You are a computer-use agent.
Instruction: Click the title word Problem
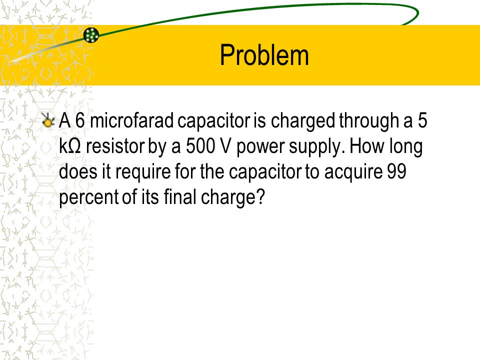point(264,55)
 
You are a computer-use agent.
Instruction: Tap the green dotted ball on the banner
point(91,35)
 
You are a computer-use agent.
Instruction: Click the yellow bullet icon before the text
point(48,120)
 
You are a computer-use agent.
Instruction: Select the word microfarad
point(132,120)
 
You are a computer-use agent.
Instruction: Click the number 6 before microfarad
point(80,120)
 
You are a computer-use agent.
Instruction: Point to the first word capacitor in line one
point(213,121)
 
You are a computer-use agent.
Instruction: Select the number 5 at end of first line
point(422,120)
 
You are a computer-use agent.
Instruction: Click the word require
point(143,172)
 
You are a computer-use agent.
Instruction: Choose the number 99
point(396,171)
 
